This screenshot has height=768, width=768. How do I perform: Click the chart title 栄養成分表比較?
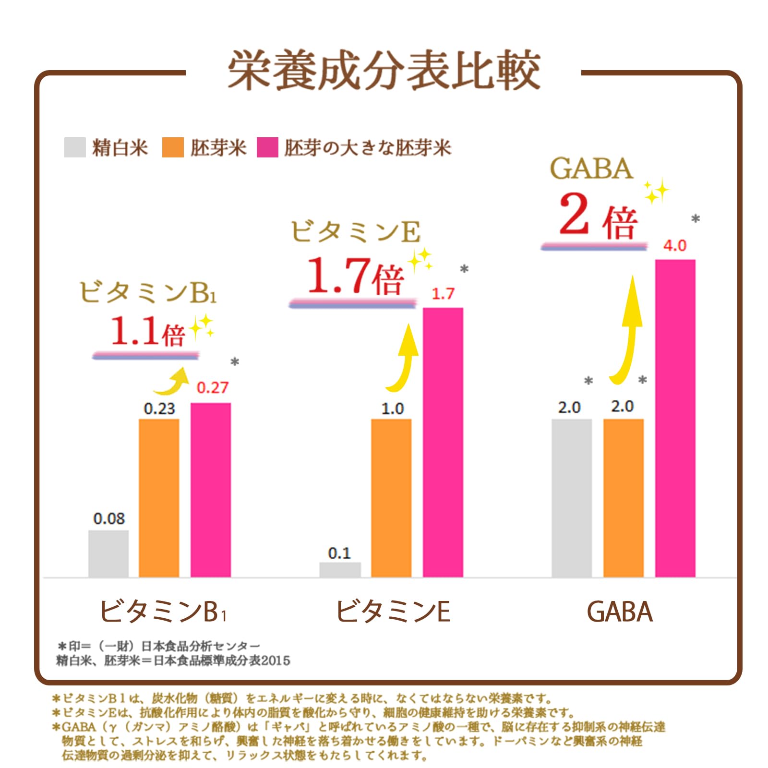[384, 71]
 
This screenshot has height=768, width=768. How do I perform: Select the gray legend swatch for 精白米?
[75, 147]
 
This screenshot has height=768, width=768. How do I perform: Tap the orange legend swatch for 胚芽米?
[173, 147]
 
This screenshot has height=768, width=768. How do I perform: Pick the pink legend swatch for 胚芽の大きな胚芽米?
[267, 147]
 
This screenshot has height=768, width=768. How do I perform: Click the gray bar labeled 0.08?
[108, 553]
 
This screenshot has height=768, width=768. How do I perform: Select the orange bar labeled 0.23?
[159, 497]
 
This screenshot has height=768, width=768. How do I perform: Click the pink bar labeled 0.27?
[211, 490]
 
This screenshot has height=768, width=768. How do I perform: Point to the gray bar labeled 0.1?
[340, 569]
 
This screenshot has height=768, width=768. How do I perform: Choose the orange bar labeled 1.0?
[391, 497]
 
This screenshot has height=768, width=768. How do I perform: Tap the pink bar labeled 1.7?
[443, 442]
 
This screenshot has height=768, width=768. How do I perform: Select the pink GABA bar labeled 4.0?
[675, 418]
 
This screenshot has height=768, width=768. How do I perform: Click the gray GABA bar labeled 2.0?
[571, 497]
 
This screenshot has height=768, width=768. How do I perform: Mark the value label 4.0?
[675, 246]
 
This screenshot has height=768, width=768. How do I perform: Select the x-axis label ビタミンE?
[393, 612]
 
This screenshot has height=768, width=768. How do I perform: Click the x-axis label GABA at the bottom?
[619, 612]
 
